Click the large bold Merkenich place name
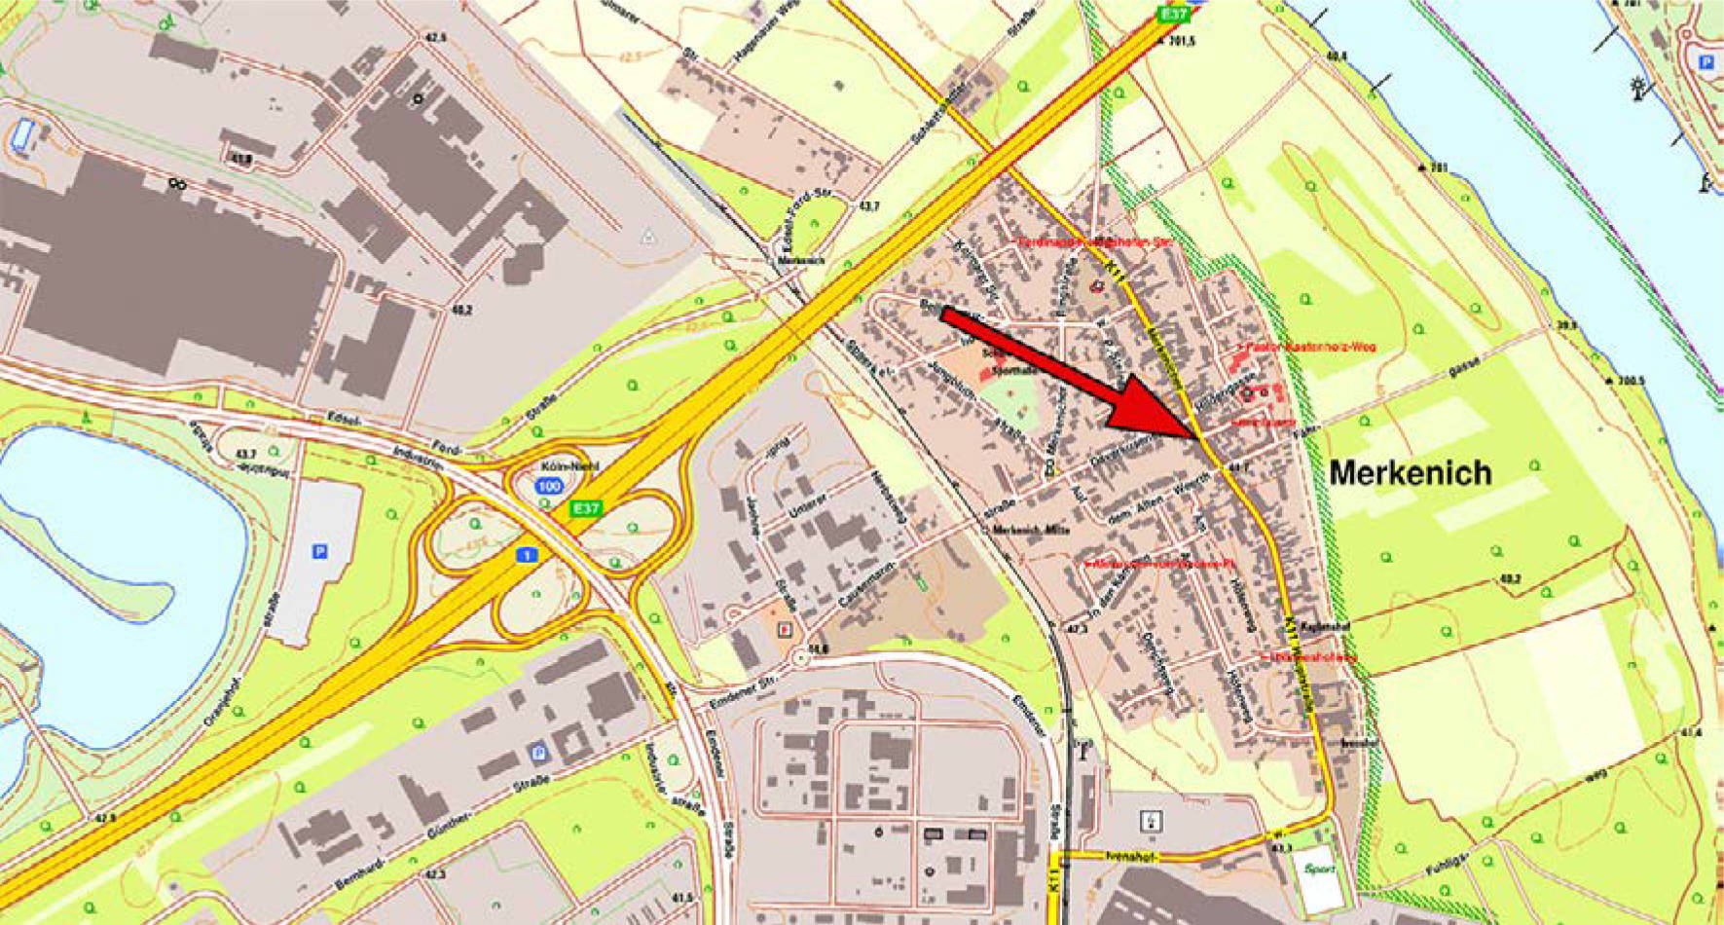click(x=1410, y=474)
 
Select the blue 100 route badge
click(x=550, y=485)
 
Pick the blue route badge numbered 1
click(x=527, y=555)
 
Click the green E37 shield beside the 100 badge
click(x=586, y=508)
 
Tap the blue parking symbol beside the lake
click(x=318, y=552)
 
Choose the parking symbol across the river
click(x=1705, y=62)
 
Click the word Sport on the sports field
click(x=1321, y=869)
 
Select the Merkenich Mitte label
click(x=1031, y=530)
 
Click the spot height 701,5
click(x=1180, y=41)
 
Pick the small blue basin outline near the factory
click(x=22, y=133)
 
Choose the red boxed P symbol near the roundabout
click(x=785, y=630)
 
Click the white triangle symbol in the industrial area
click(x=648, y=237)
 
